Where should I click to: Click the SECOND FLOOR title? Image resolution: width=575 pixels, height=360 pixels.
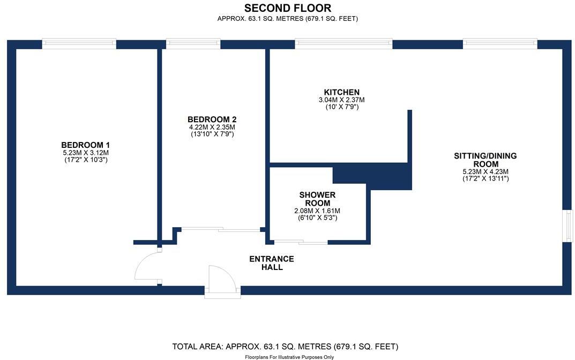(x=287, y=8)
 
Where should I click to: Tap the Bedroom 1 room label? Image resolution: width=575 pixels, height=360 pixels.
(x=86, y=145)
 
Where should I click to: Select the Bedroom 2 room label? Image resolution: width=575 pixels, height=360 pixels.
(x=212, y=119)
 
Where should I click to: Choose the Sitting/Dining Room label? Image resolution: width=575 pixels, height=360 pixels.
(x=486, y=160)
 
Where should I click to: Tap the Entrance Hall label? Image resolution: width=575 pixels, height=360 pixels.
(x=272, y=263)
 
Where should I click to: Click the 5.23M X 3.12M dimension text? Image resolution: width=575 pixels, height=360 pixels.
(x=86, y=153)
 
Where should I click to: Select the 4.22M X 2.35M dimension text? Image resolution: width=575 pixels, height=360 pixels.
(x=212, y=127)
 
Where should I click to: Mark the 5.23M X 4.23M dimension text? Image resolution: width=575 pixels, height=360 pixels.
(x=486, y=171)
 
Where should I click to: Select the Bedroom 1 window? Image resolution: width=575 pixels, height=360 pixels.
(x=79, y=44)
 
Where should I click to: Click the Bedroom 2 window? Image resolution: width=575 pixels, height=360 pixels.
(x=193, y=44)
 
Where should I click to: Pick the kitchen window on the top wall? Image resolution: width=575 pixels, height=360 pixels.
(x=343, y=44)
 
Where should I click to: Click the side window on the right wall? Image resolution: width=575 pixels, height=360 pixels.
(x=567, y=226)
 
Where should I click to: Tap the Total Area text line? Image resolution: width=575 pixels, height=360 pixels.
(x=285, y=347)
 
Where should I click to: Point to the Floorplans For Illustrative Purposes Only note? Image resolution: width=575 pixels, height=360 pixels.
(x=289, y=357)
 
